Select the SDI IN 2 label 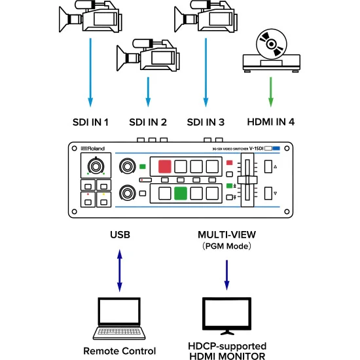[x=148, y=122]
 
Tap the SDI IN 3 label [x=206, y=122]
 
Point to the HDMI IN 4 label [x=271, y=122]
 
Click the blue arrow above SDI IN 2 [x=148, y=91]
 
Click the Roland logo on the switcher [x=93, y=149]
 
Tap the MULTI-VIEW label [x=227, y=234]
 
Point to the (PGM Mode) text [x=227, y=245]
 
